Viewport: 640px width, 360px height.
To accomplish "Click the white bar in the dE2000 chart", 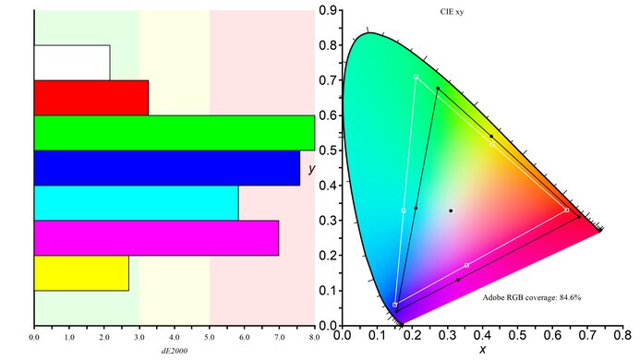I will tap(72, 62).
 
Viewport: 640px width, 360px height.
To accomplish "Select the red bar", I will tap(91, 97).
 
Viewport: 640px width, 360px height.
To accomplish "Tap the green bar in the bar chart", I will tap(174, 132).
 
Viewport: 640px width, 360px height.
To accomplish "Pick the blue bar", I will tap(166, 167).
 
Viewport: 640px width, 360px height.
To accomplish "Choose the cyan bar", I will tap(136, 202).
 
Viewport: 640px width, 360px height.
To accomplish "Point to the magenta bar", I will tap(156, 237).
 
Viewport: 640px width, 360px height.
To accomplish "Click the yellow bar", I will tap(81, 272).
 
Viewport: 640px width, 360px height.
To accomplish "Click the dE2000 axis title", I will tap(175, 352).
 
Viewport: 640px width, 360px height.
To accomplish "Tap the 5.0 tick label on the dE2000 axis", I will tap(210, 339).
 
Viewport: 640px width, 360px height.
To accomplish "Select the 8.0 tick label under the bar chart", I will tap(314, 339).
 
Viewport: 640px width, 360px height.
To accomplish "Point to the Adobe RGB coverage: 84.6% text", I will tap(531, 297).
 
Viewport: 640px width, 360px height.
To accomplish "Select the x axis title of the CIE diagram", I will tap(482, 350).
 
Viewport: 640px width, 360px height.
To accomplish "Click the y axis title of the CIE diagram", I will tap(312, 168).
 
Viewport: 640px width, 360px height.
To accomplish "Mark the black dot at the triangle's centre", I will tap(451, 210).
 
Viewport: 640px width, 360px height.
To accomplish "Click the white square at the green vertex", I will tap(417, 77).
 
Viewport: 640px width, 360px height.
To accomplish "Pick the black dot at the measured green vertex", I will tap(438, 89).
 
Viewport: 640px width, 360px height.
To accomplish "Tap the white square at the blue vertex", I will tap(395, 305).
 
